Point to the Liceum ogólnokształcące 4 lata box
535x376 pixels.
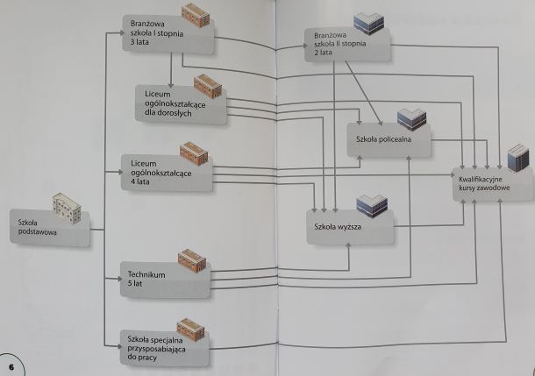click(x=162, y=171)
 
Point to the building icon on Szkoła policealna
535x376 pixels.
click(x=410, y=118)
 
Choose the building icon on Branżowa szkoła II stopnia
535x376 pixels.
click(x=369, y=23)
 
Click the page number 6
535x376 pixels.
click(x=11, y=365)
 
